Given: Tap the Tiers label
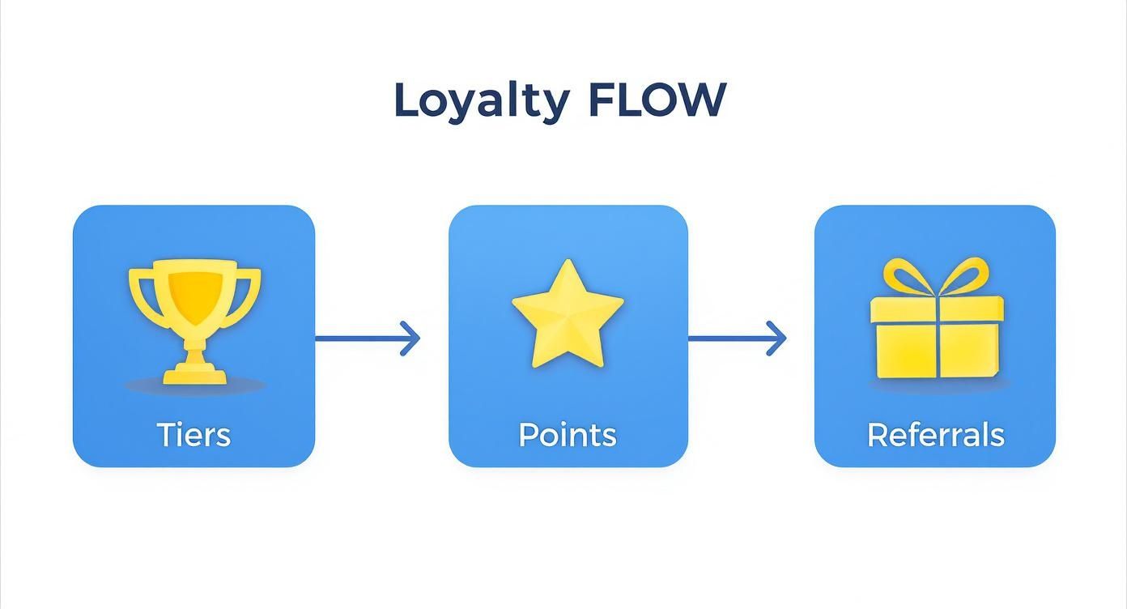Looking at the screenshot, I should (194, 435).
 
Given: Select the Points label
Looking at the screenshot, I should (568, 435).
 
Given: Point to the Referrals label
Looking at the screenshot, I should (935, 435).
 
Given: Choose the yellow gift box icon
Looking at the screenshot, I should (937, 324).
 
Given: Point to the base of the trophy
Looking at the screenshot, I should (194, 373).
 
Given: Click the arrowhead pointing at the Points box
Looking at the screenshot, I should (412, 338).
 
